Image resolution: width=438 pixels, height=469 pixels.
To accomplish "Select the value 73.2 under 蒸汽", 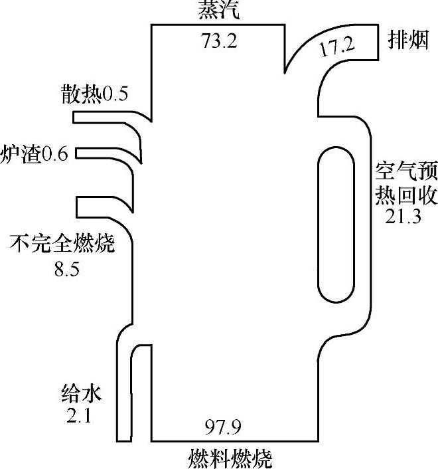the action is [x=219, y=41].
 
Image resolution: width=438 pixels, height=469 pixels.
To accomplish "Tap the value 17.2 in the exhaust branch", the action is [x=337, y=47].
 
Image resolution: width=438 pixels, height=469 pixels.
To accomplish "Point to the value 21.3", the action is [x=403, y=217].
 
